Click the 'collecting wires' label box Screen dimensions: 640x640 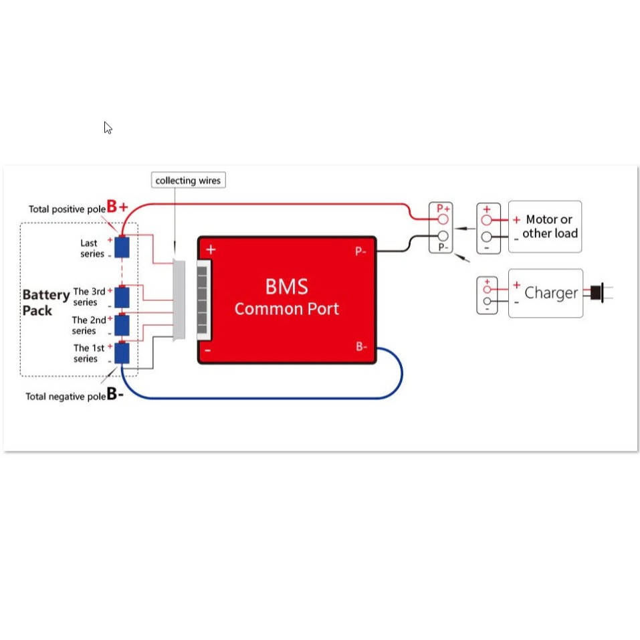click(188, 180)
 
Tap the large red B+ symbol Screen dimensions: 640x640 click(117, 207)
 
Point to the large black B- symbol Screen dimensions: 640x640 click(115, 394)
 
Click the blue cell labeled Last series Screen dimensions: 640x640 click(122, 247)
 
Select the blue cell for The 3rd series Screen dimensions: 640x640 click(122, 297)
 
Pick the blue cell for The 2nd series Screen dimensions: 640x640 click(122, 325)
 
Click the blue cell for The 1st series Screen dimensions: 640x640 click(122, 352)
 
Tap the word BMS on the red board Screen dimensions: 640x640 click(286, 286)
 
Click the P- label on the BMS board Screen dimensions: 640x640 click(360, 251)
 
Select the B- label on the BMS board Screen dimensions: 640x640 click(361, 346)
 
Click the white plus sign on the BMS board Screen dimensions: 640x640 click(211, 249)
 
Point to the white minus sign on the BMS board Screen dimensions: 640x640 click(208, 350)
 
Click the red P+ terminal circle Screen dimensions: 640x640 click(443, 219)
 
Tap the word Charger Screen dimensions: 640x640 click(551, 293)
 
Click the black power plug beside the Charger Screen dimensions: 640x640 click(597, 293)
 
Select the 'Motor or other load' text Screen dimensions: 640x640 click(550, 226)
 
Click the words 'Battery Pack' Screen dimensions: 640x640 click(45, 302)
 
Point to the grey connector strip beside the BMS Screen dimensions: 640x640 click(179, 300)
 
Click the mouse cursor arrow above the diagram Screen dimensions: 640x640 click(108, 128)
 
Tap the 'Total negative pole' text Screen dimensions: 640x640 click(66, 397)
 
